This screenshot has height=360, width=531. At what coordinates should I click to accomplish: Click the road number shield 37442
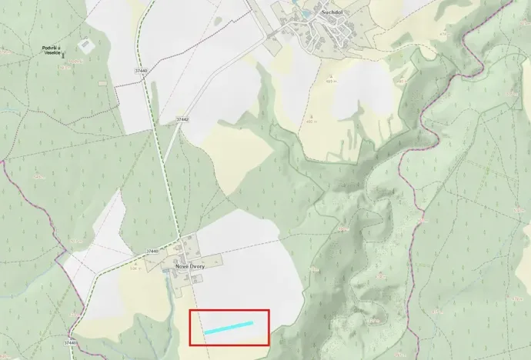pyautogui.click(x=182, y=120)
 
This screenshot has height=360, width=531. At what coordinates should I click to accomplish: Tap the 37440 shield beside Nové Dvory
pyautogui.click(x=152, y=252)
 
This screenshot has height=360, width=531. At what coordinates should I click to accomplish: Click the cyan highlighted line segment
pyautogui.click(x=229, y=328)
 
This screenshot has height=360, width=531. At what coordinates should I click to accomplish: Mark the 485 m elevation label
pyautogui.click(x=331, y=81)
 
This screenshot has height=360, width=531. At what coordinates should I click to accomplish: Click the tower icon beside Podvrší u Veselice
pyautogui.click(x=64, y=55)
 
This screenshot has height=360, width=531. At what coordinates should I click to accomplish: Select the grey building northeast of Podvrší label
pyautogui.click(x=85, y=45)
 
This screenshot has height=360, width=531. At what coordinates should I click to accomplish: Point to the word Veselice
pyautogui.click(x=52, y=54)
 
